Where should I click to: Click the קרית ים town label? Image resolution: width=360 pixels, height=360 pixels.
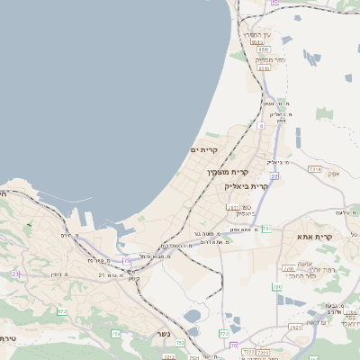205,149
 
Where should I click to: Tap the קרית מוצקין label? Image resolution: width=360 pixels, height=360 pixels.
227,171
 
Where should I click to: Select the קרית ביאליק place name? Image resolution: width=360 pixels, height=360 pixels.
246,185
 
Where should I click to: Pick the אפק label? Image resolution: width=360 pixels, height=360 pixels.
333,174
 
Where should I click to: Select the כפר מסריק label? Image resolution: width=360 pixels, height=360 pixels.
269,58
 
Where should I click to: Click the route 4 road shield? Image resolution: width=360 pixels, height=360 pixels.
262,126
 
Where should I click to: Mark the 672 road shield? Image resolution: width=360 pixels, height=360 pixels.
62,311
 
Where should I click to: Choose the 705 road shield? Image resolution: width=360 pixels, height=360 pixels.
116,334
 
